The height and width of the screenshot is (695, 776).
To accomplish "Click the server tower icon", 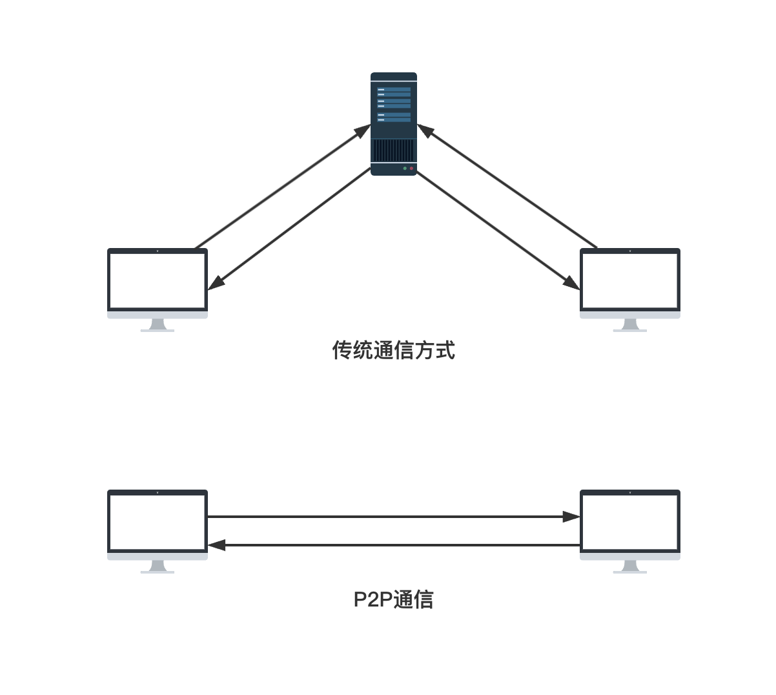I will (394, 123).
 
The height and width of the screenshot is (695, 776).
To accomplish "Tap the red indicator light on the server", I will (412, 169).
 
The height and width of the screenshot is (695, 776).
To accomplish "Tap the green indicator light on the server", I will (405, 169).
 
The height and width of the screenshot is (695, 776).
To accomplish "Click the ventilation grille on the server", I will (393, 150).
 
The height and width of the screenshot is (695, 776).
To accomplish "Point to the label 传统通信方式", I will (394, 350).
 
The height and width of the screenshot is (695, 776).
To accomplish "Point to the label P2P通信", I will (394, 599).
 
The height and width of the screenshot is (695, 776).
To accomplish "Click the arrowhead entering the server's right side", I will (425, 130).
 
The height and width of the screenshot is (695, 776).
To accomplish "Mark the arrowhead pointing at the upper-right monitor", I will (571, 284).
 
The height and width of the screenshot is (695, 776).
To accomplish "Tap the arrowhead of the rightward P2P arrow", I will (571, 517).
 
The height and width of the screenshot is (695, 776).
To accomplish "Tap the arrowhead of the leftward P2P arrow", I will (216, 545).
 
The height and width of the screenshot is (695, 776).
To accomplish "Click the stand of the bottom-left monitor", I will (158, 567).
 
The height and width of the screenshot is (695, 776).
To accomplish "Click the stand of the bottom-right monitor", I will (630, 567).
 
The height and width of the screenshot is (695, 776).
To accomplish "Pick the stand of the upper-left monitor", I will (158, 326).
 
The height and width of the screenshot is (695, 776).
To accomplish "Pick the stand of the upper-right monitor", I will (630, 326).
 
